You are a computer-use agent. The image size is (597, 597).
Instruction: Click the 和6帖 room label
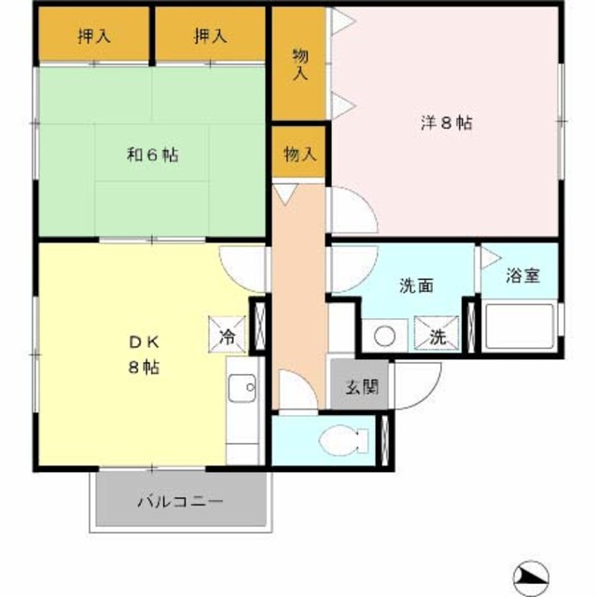[152, 155]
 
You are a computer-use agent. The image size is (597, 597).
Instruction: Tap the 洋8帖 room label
[445, 123]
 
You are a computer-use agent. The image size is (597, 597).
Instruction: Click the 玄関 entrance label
[362, 386]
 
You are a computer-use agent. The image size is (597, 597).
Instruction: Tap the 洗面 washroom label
[416, 286]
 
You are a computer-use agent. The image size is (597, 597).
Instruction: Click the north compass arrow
[535, 576]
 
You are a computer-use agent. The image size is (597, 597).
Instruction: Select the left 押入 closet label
[94, 36]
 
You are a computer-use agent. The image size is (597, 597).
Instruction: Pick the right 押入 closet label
[211, 36]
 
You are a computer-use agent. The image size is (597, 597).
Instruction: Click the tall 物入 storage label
[300, 63]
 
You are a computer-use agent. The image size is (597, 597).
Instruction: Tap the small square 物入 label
[299, 154]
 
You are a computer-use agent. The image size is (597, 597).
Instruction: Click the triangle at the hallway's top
[285, 195]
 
